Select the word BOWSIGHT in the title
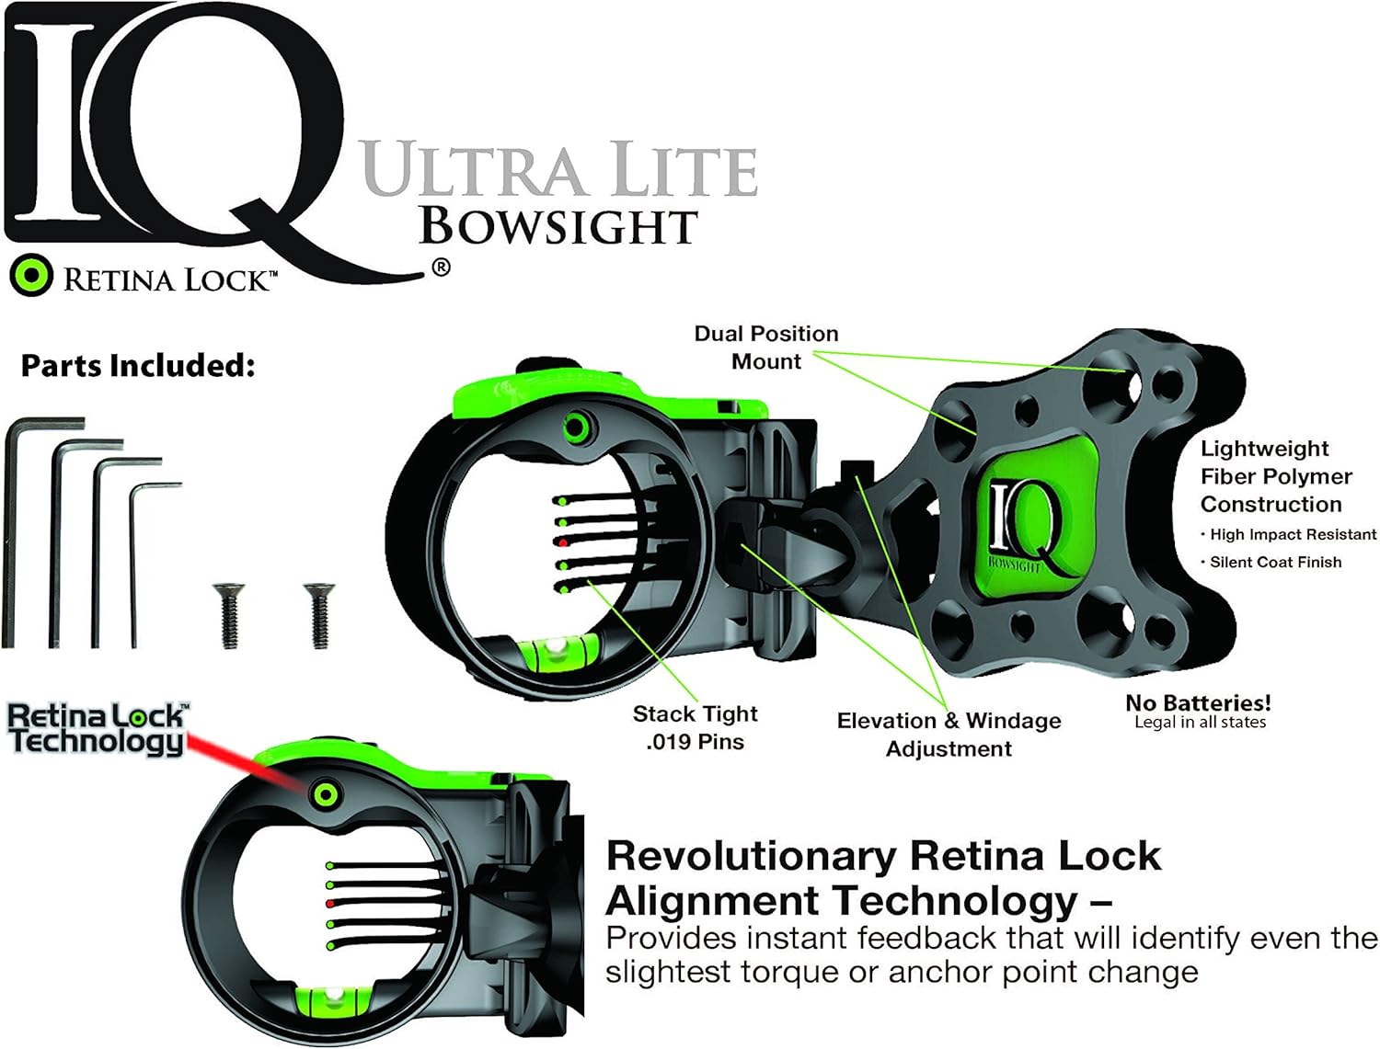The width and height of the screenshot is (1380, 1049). [x=558, y=227]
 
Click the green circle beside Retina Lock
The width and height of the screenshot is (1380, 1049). [x=31, y=275]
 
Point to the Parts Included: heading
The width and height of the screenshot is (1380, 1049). [x=138, y=366]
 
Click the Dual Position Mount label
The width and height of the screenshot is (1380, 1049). [x=765, y=348]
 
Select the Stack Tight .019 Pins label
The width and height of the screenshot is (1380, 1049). [x=695, y=727]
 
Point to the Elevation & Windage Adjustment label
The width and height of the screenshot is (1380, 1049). [x=949, y=735]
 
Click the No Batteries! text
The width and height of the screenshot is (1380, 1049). [x=1198, y=703]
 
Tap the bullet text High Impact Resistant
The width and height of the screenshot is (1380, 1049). [x=1293, y=534]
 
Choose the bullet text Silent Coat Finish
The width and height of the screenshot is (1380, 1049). [x=1275, y=562]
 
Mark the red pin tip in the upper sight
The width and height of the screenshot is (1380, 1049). [x=562, y=543]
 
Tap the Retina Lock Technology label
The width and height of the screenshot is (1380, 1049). [x=97, y=728]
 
